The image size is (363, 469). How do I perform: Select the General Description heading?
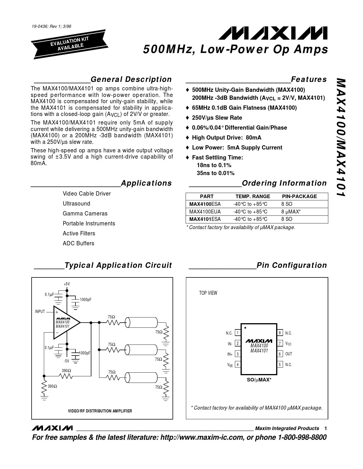131,79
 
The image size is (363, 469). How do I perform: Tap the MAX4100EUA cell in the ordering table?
205,212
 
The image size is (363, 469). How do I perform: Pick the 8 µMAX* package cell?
291,212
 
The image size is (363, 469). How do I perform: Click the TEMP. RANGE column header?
253,196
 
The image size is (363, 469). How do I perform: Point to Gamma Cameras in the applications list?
85,213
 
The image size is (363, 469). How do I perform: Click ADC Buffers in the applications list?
78,243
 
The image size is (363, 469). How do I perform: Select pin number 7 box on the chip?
280,343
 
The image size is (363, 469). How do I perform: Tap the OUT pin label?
289,354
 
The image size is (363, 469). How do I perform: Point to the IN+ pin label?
230,354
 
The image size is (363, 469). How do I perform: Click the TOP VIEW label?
208,293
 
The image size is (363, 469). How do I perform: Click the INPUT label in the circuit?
40,312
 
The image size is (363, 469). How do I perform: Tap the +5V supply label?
67,284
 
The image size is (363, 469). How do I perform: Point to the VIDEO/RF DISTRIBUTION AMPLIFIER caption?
100,411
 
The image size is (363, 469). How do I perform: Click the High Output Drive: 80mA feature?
226,138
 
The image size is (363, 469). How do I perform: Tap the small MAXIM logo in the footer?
52,428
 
